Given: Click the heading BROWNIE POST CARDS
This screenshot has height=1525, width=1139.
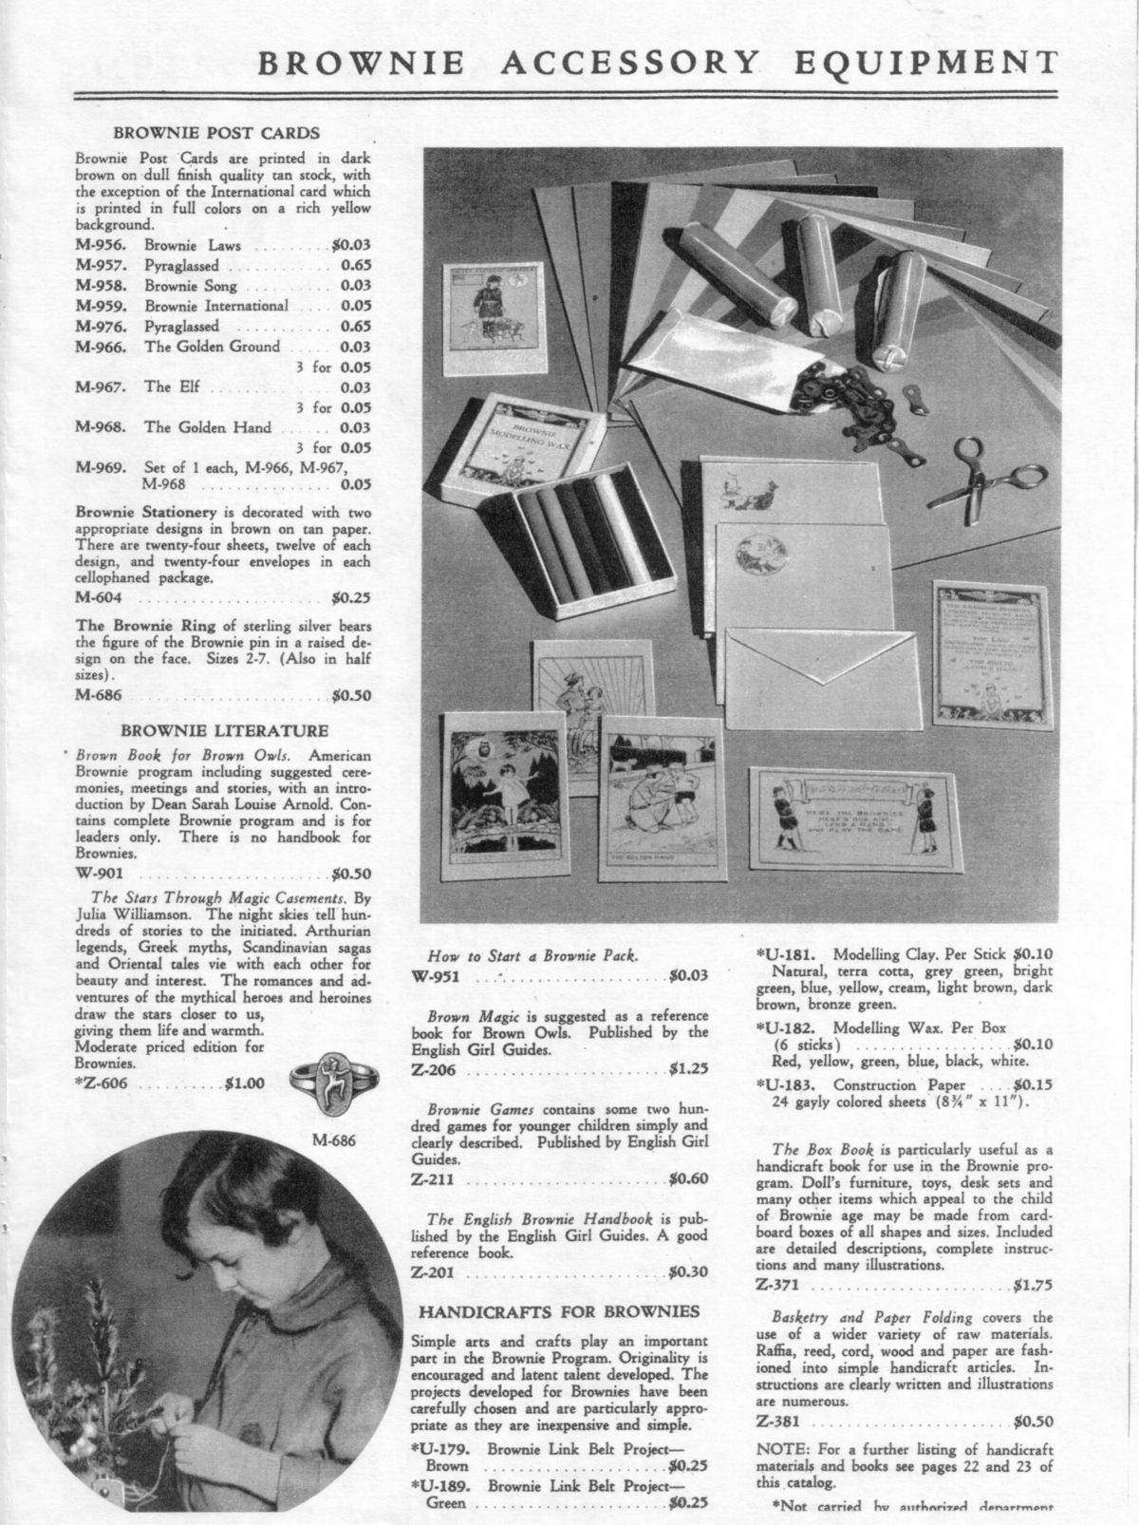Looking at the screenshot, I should (216, 133).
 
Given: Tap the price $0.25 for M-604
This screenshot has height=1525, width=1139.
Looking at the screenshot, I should (351, 598).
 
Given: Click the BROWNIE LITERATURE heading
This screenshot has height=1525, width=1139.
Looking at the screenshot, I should (223, 730).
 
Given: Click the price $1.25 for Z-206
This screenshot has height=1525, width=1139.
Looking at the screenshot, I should (688, 1069).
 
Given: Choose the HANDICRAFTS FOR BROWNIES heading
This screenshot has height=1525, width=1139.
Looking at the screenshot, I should (560, 1311).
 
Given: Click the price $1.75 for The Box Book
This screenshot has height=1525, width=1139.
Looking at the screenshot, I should (1033, 1287).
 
